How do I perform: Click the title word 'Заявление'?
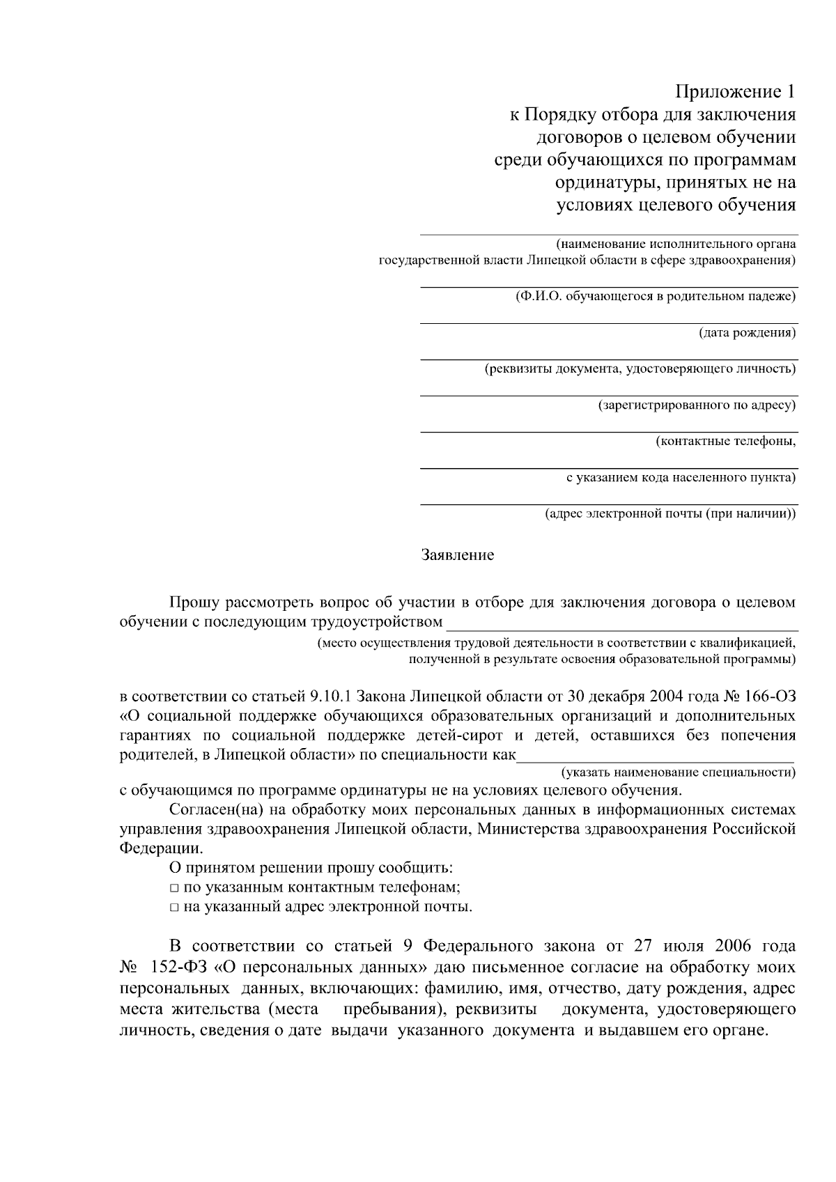click(x=458, y=555)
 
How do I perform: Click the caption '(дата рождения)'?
click(x=747, y=333)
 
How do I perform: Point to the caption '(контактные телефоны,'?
click(x=725, y=442)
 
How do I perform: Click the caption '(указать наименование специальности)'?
click(x=679, y=772)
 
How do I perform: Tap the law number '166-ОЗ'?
click(x=769, y=697)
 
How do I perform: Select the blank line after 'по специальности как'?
click(x=655, y=761)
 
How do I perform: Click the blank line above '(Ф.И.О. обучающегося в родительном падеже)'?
click(x=608, y=286)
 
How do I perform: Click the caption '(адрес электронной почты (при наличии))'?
click(x=670, y=514)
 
